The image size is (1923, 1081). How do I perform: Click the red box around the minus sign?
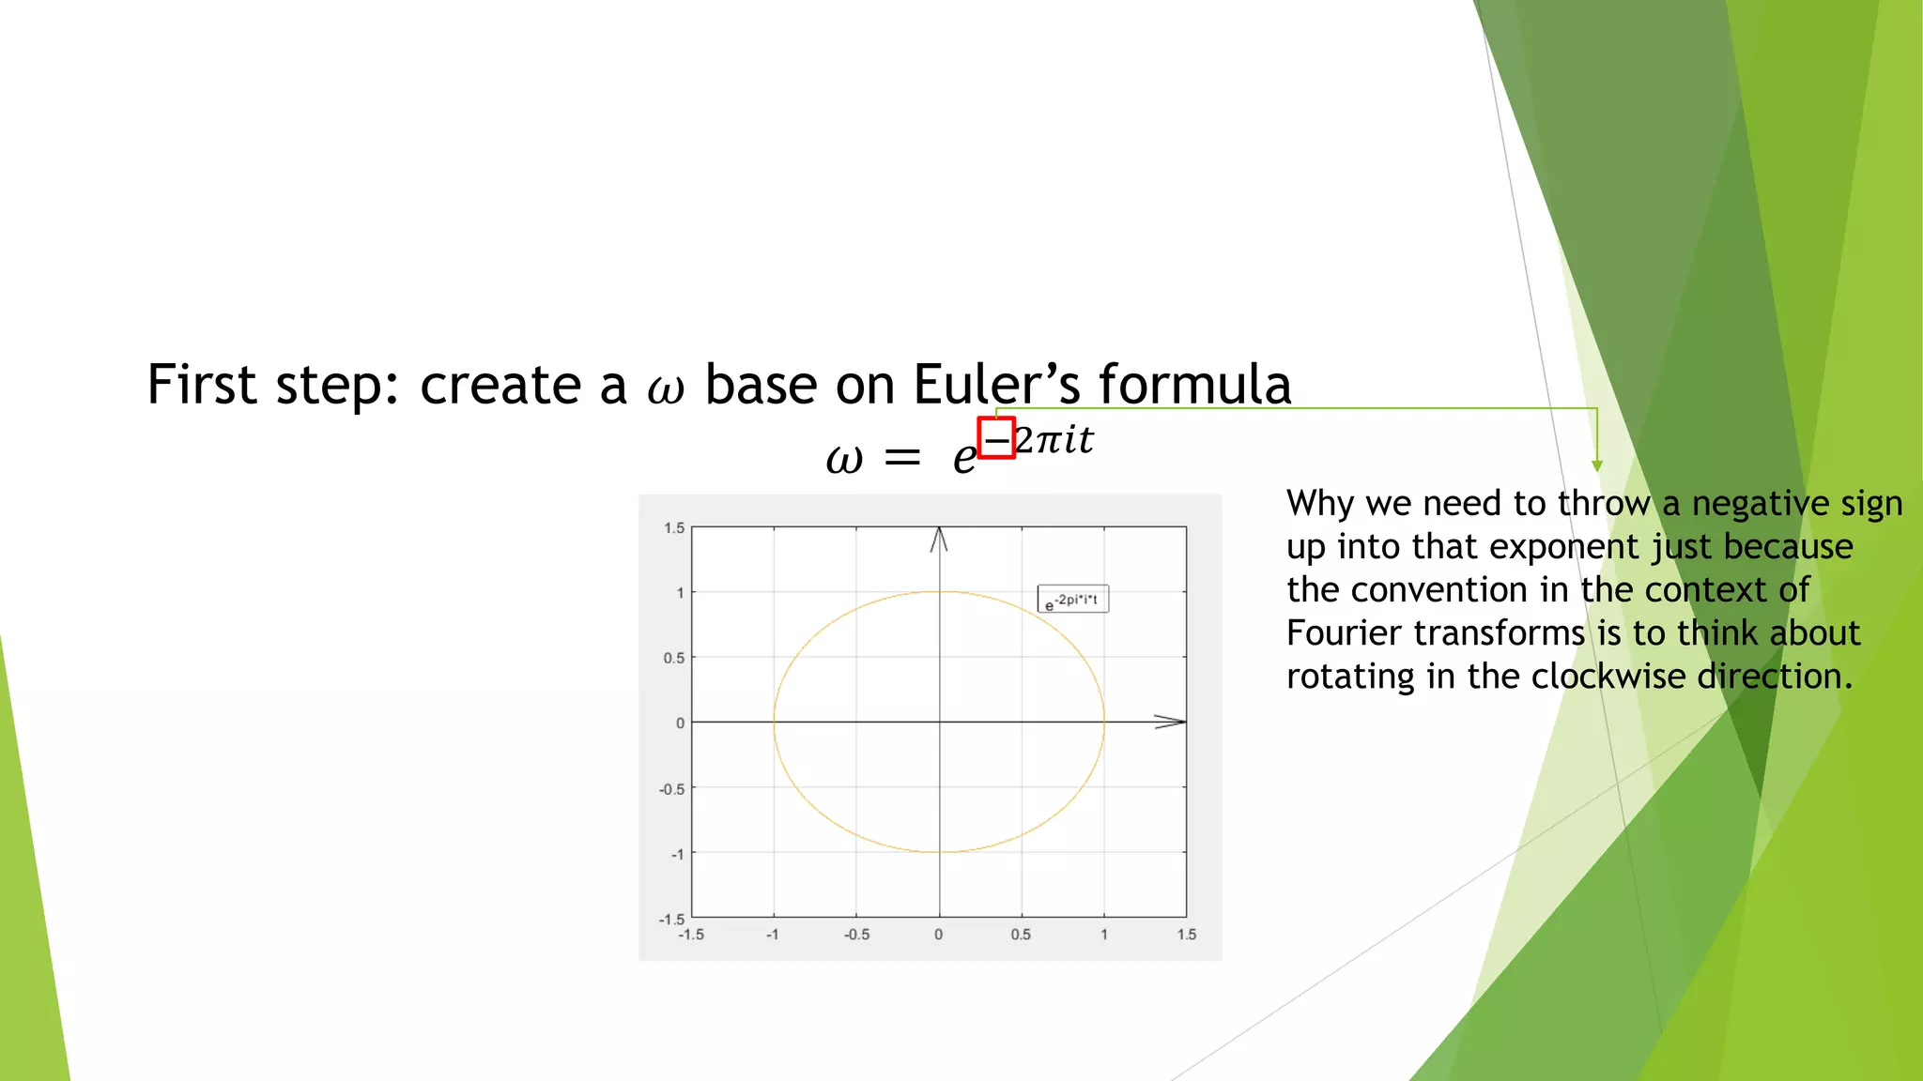coord(996,438)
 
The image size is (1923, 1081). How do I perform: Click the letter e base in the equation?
coord(964,458)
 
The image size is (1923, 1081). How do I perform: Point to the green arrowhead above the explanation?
coord(1596,465)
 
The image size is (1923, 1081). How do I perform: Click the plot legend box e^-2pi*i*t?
coord(1072,600)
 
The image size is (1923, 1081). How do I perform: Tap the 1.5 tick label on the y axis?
coord(674,528)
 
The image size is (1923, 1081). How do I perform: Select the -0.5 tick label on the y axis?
coord(672,789)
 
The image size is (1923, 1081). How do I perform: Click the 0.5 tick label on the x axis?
coord(1021,935)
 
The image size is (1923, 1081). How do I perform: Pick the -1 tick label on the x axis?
coord(772,935)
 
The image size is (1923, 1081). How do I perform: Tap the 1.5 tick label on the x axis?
coord(1187,935)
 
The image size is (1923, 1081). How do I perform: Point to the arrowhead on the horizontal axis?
coord(1172,722)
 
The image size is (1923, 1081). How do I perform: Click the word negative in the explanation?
coord(1756,504)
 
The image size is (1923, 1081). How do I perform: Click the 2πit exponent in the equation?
coord(1055,440)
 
